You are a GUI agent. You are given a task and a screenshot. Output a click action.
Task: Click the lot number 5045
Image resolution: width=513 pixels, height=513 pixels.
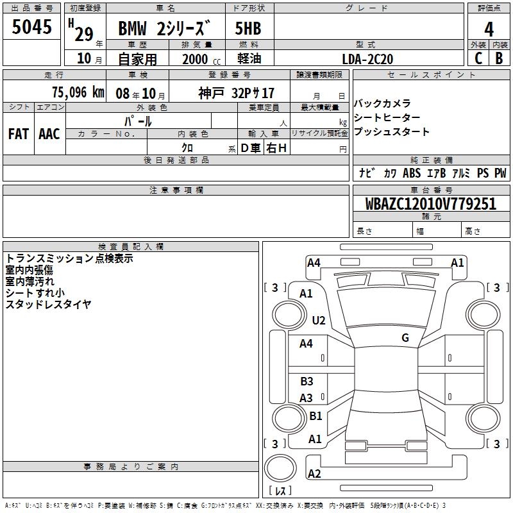coord(31,27)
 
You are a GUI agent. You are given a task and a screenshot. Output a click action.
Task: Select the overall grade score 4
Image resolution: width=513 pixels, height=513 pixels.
coord(489,29)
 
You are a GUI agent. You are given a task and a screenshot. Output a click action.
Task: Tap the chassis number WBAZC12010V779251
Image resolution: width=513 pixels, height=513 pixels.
coord(430,203)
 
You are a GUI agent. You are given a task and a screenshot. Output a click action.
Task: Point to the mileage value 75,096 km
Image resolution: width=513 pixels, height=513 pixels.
coord(78,92)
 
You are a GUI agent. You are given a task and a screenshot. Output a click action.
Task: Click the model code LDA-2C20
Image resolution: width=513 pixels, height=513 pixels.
coord(367,59)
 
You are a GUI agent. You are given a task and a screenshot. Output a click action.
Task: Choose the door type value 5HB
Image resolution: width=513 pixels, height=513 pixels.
coord(248,28)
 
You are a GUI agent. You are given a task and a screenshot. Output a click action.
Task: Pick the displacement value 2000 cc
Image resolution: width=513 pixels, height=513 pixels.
coord(201,59)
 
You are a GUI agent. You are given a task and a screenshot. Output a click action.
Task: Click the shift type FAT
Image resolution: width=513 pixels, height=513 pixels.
coord(19,134)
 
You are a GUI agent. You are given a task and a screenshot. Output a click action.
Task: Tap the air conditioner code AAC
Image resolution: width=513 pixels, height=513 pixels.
coord(49,134)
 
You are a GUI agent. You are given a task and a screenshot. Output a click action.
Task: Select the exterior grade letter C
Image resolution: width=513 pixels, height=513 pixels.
coord(478,58)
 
